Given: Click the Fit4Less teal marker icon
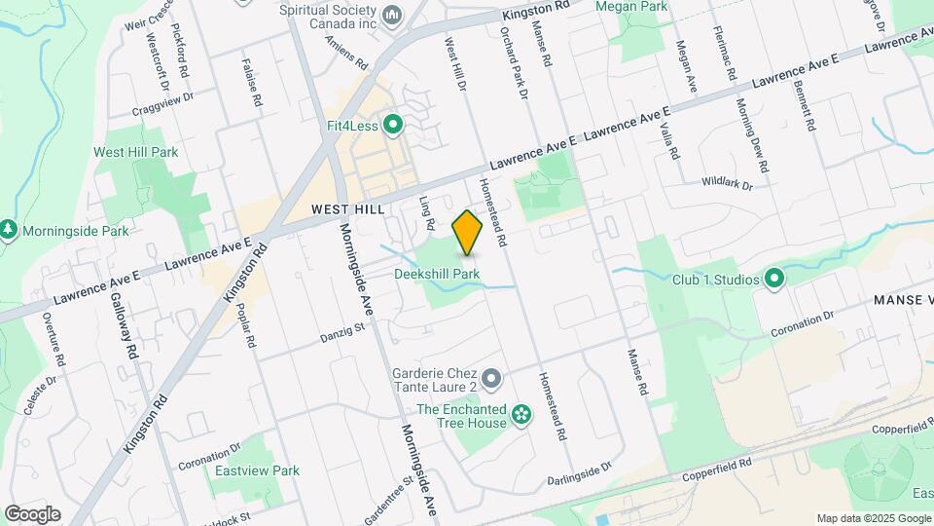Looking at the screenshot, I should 393,124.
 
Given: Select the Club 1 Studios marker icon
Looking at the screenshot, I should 774,280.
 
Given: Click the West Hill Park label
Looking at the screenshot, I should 135,152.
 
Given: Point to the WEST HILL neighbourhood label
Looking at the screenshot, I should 348,209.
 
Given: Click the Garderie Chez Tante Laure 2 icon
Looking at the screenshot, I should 492,377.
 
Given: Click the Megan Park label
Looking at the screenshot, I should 645,6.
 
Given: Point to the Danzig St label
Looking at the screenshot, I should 341,334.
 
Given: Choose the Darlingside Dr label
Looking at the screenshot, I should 580,470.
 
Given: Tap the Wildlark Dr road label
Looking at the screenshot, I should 729,182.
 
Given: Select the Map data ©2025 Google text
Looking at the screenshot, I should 873,518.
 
